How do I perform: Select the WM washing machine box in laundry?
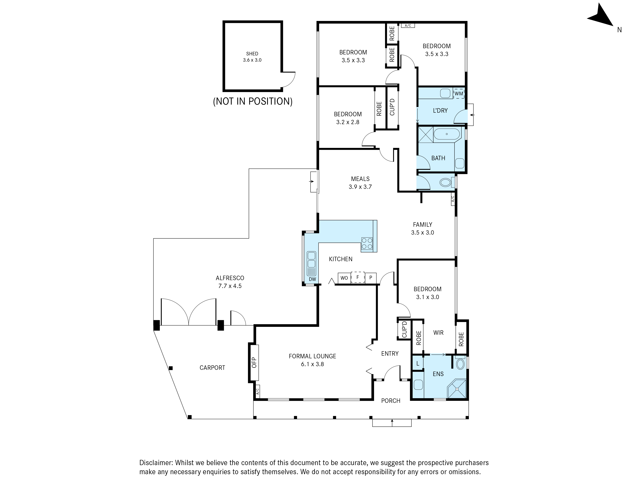pos(459,93)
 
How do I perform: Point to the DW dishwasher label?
pos(312,279)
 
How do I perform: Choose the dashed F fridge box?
pos(358,277)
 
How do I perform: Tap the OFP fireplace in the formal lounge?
pos(254,363)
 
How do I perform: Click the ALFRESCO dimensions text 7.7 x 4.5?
pos(230,286)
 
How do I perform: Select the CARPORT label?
pos(212,368)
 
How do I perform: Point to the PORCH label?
pos(391,401)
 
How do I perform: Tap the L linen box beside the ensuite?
pos(418,363)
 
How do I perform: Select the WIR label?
pos(438,333)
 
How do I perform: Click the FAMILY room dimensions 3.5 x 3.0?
pos(422,233)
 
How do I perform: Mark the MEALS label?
pos(360,179)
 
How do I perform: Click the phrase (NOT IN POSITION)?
pos(253,101)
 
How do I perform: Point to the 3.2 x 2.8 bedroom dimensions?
pos(348,122)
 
